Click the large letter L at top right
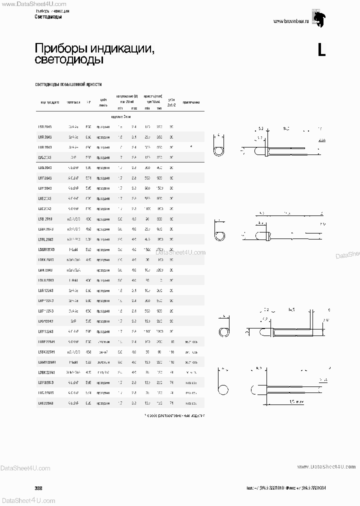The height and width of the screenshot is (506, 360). pos(321,50)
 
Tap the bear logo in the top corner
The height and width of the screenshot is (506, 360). pos(318,16)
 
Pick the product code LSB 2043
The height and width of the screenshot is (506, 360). pos(45,218)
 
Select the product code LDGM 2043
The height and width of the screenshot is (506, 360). pos(46,249)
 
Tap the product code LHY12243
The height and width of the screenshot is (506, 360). pos(46,331)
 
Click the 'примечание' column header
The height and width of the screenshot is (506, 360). pos(191,102)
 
